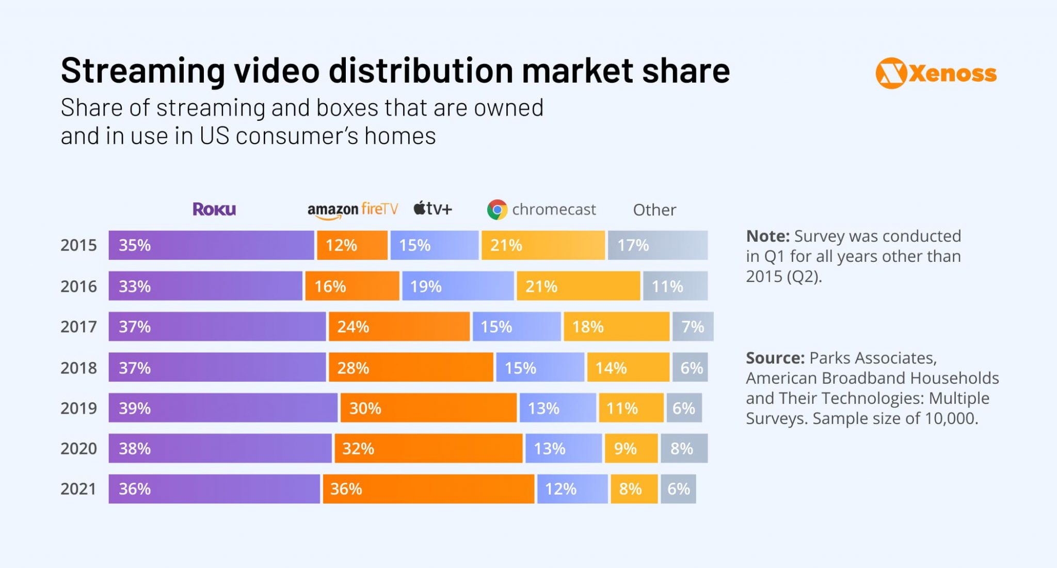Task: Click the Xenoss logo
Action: [x=936, y=73]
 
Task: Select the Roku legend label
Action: [x=214, y=209]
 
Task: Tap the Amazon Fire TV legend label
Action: [x=353, y=209]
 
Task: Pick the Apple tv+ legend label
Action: [x=433, y=209]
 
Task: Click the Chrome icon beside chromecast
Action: [x=497, y=210]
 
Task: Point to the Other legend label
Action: [x=654, y=210]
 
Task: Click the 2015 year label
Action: [x=78, y=245]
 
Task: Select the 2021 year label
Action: [x=78, y=489]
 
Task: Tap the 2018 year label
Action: [x=78, y=368]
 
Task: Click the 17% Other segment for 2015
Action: [x=658, y=245]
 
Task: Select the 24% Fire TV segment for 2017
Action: [x=399, y=326]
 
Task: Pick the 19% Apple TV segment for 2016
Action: [x=458, y=286]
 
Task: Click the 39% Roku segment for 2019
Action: [x=223, y=408]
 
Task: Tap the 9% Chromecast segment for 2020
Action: [x=631, y=448]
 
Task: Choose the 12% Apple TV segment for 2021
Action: [x=572, y=489]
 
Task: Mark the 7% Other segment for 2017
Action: [x=693, y=326]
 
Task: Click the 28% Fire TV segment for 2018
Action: [x=411, y=368]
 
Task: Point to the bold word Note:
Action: [x=767, y=236]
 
